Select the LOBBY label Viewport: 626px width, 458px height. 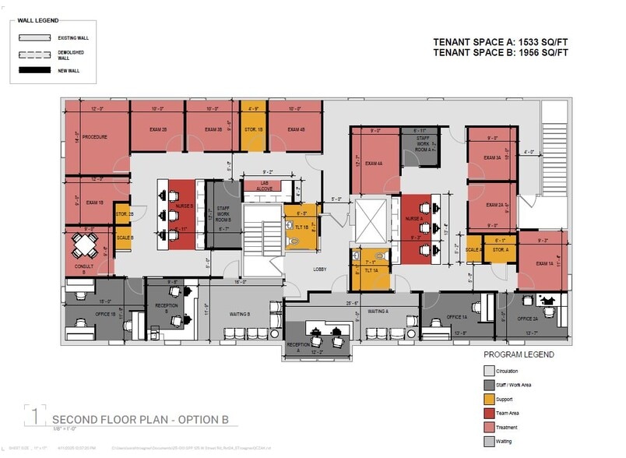pyautogui.click(x=319, y=270)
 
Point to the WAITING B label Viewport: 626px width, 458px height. pyautogui.click(x=239, y=314)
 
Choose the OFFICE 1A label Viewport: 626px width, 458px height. pyautogui.click(x=457, y=317)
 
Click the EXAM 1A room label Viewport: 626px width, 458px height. pyautogui.click(x=545, y=264)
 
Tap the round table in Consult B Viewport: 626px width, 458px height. pyautogui.click(x=84, y=246)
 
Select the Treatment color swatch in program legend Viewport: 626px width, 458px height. pyautogui.click(x=489, y=427)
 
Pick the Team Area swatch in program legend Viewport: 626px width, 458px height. pyautogui.click(x=489, y=413)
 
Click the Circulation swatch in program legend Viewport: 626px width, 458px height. pyautogui.click(x=489, y=371)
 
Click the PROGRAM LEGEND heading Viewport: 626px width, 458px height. pyautogui.click(x=519, y=354)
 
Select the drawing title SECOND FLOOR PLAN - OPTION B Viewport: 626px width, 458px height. pyautogui.click(x=140, y=420)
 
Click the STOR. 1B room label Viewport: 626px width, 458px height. pyautogui.click(x=252, y=129)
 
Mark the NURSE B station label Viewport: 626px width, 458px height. pyautogui.click(x=185, y=206)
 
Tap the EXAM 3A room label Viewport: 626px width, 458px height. pyautogui.click(x=494, y=157)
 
